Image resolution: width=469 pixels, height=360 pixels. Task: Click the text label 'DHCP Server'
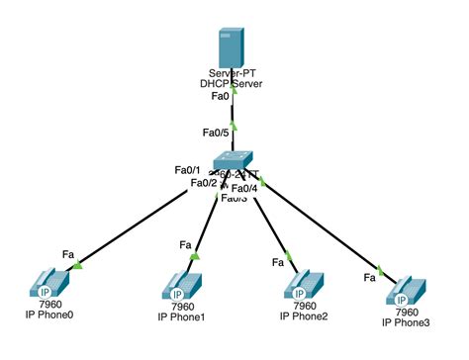click(234, 83)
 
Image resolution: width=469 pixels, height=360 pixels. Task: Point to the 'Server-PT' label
click(234, 72)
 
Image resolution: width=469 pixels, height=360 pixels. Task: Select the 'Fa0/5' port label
click(215, 133)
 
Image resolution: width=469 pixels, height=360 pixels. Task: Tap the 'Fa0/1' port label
click(187, 169)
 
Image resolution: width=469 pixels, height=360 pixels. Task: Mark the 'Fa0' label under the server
click(221, 96)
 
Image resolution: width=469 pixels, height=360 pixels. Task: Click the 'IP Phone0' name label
click(49, 314)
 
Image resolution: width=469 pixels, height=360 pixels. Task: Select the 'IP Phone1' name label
click(181, 316)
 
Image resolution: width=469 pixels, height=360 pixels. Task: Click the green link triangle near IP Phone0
click(77, 264)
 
